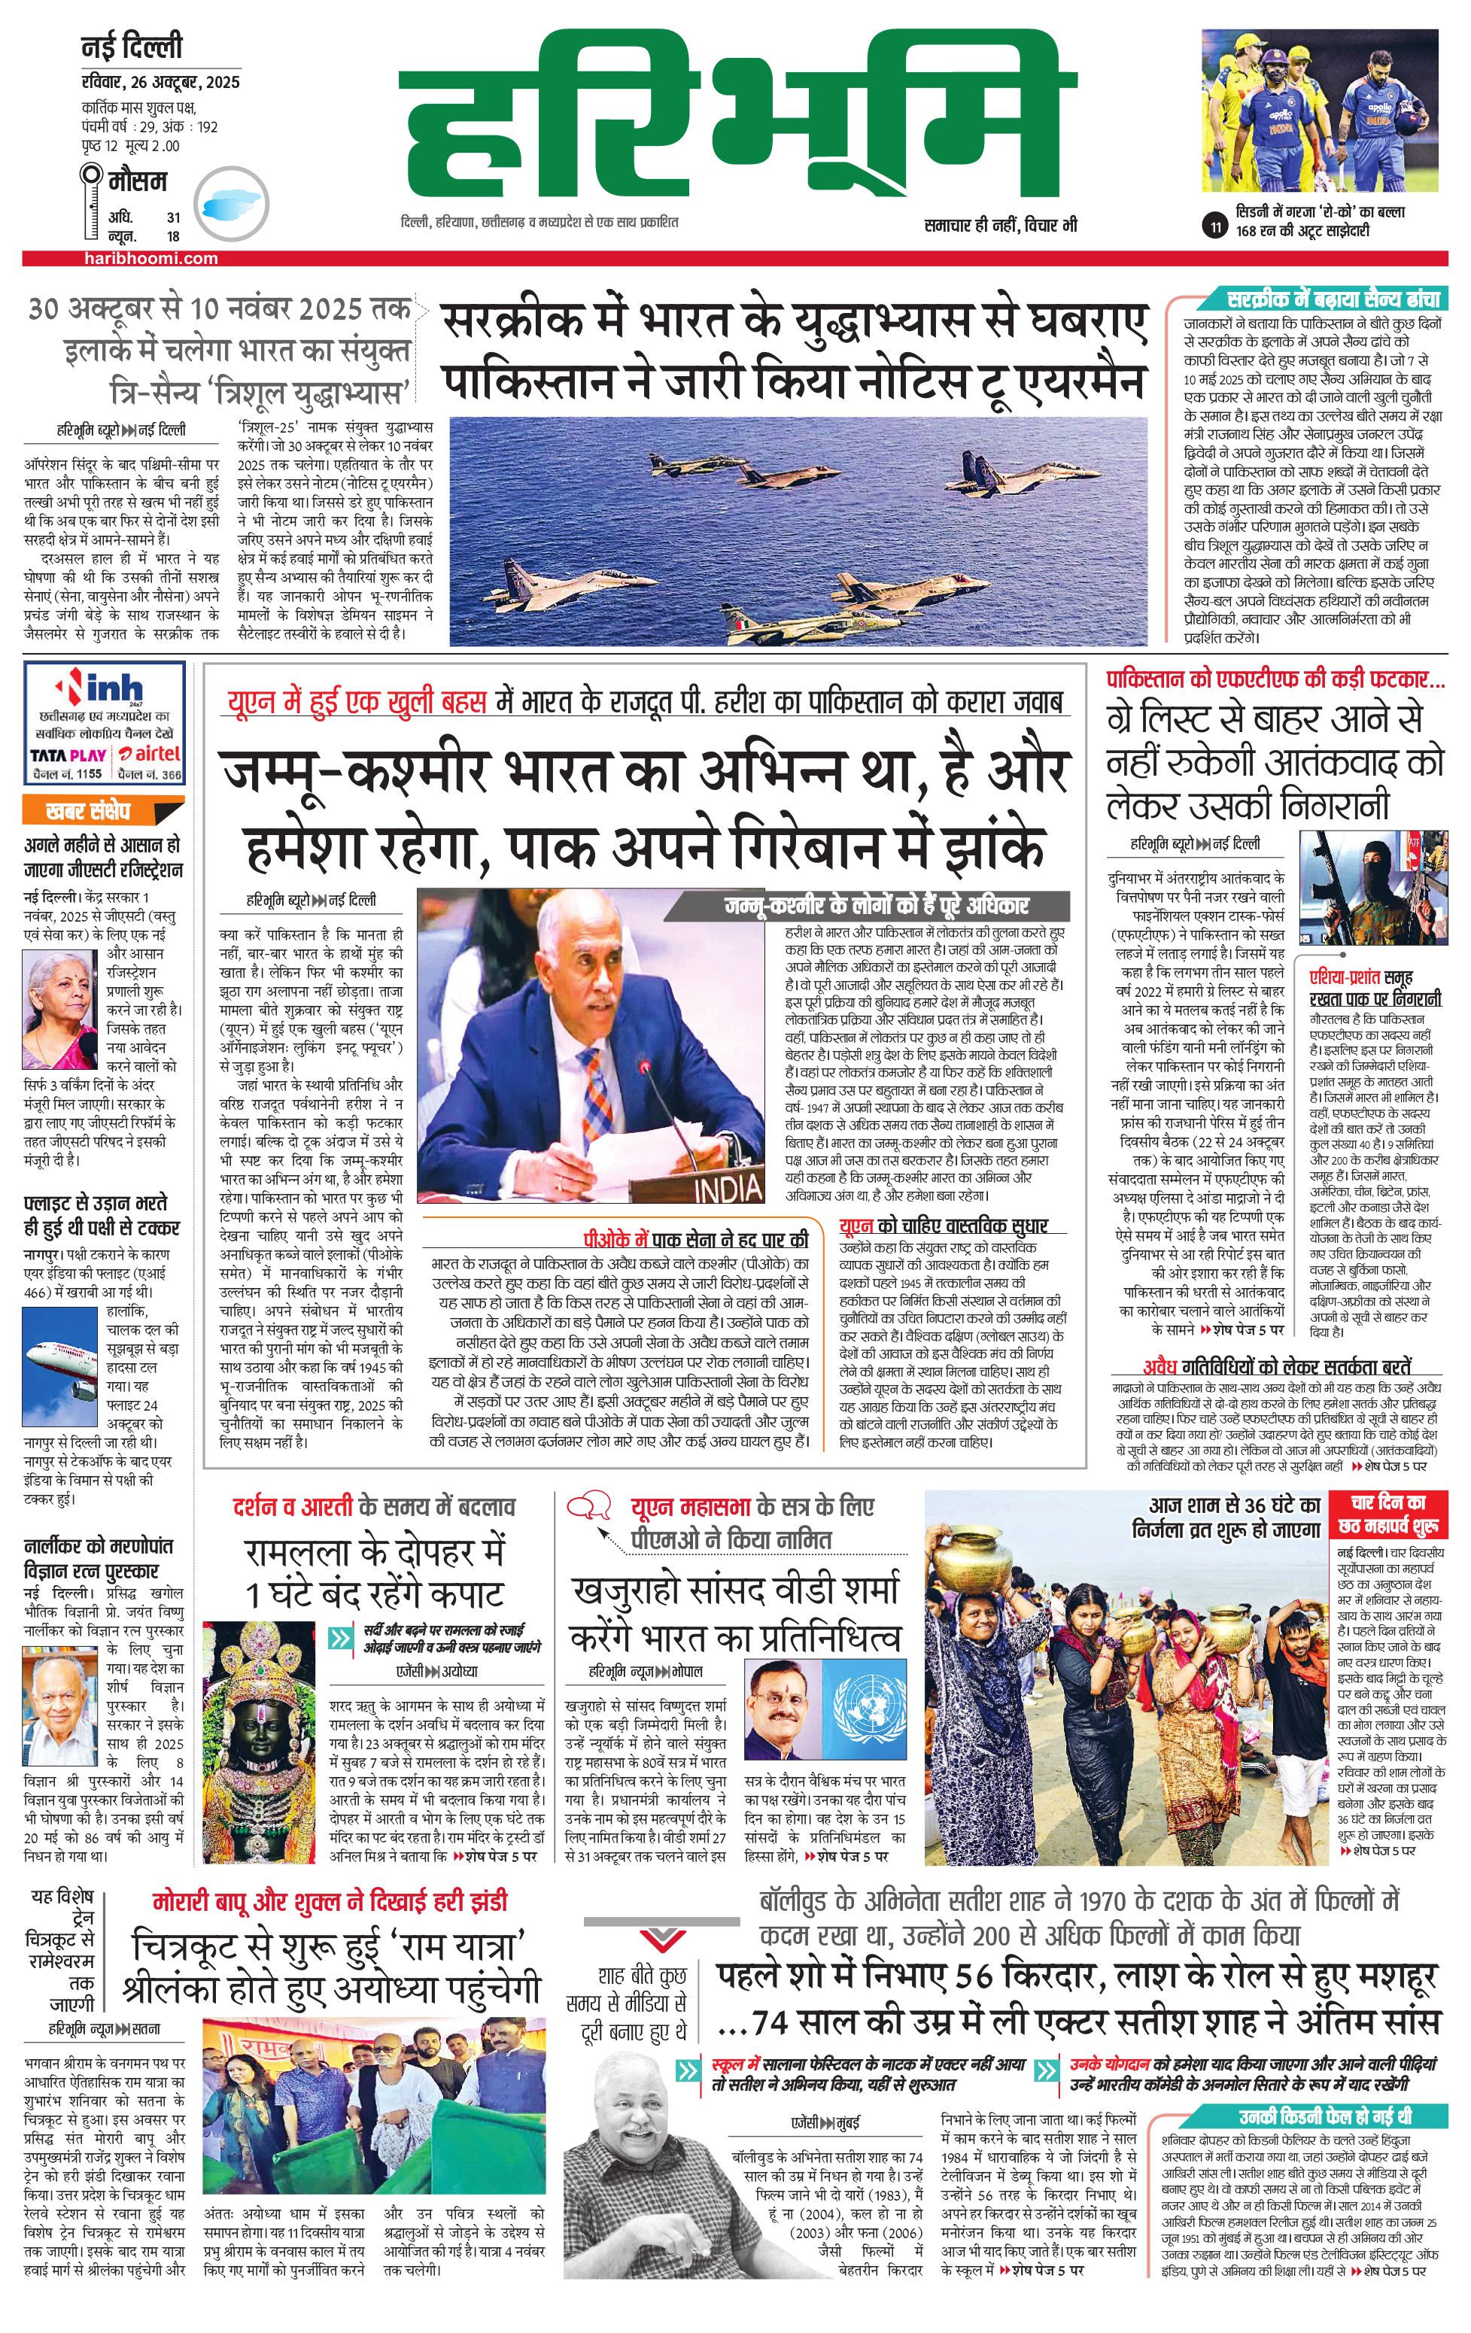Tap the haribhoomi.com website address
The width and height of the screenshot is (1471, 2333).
click(x=150, y=258)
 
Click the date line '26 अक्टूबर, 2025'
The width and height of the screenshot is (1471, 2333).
click(x=160, y=82)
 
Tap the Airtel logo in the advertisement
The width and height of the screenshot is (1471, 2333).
click(x=150, y=753)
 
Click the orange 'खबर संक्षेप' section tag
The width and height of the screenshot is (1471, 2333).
click(x=102, y=810)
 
